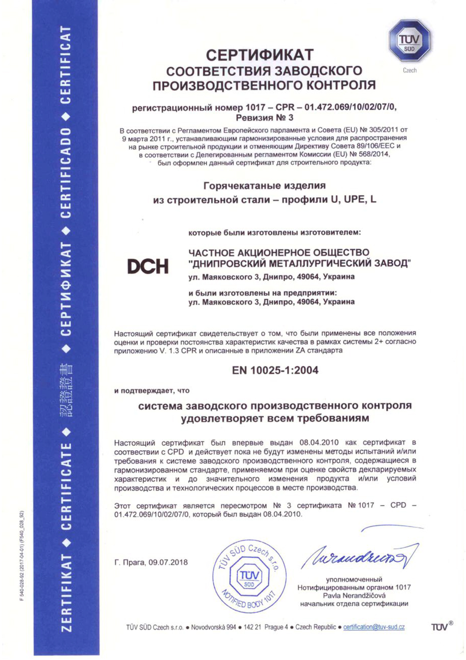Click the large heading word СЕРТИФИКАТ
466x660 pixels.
click(260, 55)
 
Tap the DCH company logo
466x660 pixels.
click(148, 266)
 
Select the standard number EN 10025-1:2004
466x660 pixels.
click(275, 370)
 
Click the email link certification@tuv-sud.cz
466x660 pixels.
click(374, 627)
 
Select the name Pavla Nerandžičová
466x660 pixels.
click(354, 595)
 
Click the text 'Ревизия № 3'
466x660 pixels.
click(264, 118)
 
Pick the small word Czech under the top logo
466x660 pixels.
click(410, 70)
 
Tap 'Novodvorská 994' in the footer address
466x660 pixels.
click(213, 627)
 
